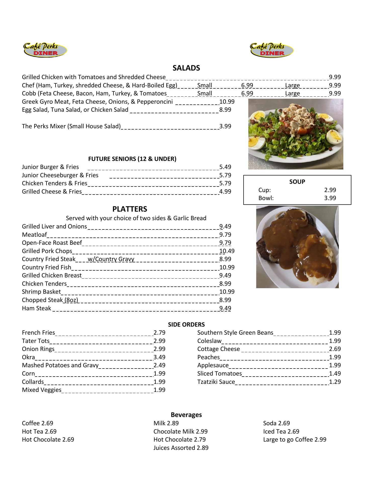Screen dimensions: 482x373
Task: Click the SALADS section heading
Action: click(186, 68)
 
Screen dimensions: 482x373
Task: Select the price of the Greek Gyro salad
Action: click(227, 102)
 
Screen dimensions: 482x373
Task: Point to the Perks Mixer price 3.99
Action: click(225, 126)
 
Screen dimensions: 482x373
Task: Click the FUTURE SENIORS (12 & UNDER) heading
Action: click(132, 159)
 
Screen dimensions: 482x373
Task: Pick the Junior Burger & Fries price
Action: click(225, 167)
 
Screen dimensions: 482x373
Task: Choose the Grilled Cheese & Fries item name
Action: click(52, 192)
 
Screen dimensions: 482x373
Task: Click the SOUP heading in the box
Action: click(297, 182)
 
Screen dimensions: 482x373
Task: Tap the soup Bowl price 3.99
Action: click(330, 198)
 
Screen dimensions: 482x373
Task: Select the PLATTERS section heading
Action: click(130, 209)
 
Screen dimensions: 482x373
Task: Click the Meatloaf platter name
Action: click(34, 235)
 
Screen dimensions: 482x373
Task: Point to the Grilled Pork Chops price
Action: click(227, 251)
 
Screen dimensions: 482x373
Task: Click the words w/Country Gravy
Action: click(111, 259)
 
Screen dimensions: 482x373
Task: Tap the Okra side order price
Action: click(159, 357)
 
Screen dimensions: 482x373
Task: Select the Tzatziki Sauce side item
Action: click(216, 382)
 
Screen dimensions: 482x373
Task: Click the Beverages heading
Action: click(186, 415)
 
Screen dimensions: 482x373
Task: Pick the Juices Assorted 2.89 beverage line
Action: click(181, 448)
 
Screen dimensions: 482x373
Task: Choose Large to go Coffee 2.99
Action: click(295, 440)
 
